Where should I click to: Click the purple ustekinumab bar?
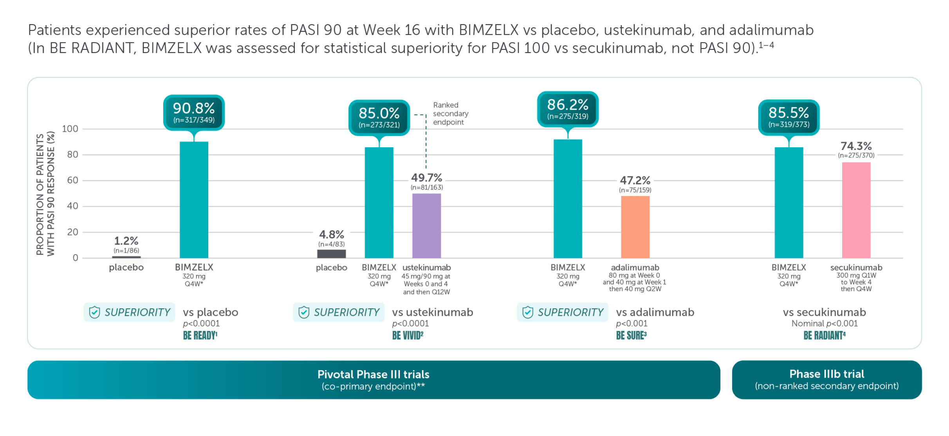point(426,226)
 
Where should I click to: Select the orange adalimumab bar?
point(635,227)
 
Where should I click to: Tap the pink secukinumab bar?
point(856,210)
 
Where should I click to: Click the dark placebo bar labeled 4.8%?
point(331,254)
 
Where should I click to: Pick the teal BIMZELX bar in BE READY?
point(194,200)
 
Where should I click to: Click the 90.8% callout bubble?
point(194,112)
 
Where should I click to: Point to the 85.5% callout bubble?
point(788,117)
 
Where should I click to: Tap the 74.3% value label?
point(856,146)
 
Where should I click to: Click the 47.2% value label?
point(635,181)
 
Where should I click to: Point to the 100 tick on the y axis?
point(70,129)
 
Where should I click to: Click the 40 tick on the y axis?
point(72,206)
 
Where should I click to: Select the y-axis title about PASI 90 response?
point(45,194)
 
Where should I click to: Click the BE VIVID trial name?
point(408,335)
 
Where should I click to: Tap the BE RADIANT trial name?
point(824,335)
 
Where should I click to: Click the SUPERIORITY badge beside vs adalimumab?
point(562,312)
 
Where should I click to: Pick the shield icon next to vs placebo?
point(94,312)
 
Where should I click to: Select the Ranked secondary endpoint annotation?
point(450,114)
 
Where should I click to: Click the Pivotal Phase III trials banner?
point(373,380)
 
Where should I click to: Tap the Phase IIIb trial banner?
point(826,380)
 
